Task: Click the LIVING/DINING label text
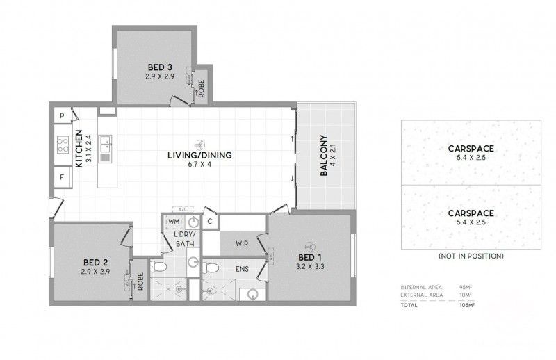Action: (199, 155)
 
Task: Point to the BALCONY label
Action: (324, 156)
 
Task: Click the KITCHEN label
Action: (79, 148)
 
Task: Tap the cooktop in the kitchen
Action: (61, 146)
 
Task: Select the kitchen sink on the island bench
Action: (105, 144)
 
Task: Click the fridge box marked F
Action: (62, 177)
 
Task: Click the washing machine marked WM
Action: (174, 222)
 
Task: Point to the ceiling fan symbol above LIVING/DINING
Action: (199, 142)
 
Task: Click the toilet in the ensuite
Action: (211, 268)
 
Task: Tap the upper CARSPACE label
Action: (471, 148)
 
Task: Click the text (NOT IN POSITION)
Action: (471, 256)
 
